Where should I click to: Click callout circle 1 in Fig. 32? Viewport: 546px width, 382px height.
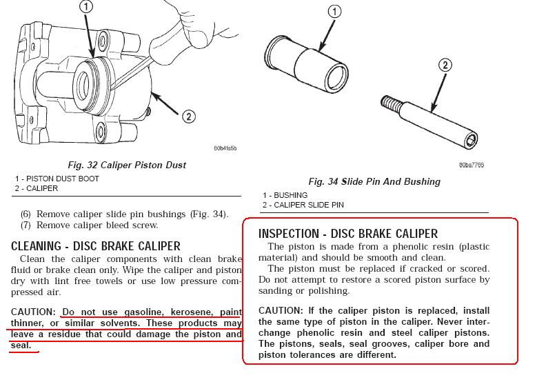pos(86,7)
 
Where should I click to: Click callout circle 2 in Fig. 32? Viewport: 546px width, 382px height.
pos(188,117)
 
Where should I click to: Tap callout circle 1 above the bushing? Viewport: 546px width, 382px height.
pos(334,12)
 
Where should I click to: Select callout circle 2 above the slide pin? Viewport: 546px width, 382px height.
pos(445,65)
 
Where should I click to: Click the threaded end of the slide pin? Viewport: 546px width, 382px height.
pos(389,102)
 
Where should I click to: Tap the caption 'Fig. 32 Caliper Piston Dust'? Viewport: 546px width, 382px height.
pos(127,165)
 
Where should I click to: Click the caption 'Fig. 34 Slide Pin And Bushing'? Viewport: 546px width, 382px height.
pos(374,181)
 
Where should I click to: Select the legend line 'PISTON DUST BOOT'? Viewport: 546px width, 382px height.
pos(63,179)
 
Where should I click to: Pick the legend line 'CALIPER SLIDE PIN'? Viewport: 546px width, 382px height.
pos(309,205)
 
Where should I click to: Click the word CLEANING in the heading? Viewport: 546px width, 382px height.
pos(36,246)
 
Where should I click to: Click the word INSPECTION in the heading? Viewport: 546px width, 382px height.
pos(289,234)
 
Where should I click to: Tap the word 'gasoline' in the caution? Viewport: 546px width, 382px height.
pos(143,312)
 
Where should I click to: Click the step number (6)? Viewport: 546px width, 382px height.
pos(26,214)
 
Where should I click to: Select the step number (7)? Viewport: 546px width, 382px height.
pos(26,225)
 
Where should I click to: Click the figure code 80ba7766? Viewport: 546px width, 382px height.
pos(472,165)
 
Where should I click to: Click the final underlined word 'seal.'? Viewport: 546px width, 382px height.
pos(21,345)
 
